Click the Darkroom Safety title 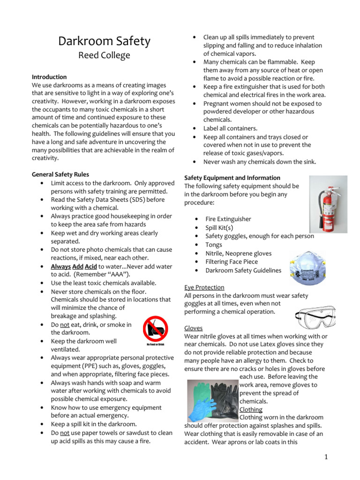tap(104, 41)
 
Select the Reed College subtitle tap(104, 56)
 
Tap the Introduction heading tap(49, 77)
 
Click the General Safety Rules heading tap(60, 174)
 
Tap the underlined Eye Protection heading tap(204, 287)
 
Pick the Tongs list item tap(214, 245)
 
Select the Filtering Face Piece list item tap(232, 262)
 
